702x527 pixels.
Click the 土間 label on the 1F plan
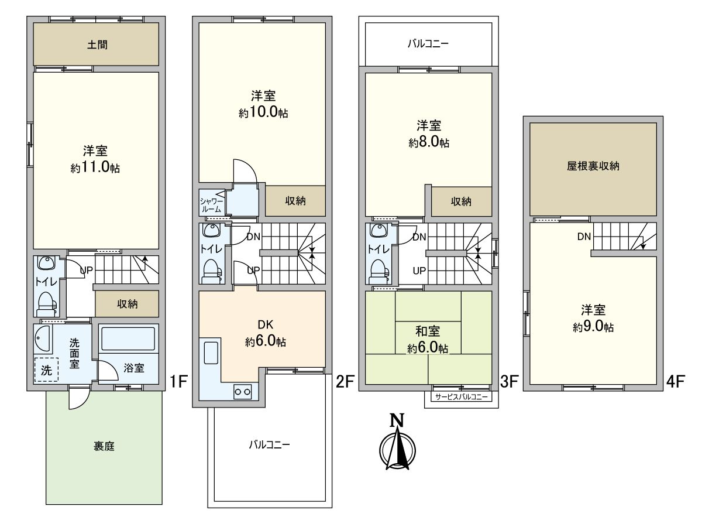(x=97, y=44)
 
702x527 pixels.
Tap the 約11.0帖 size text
(x=95, y=168)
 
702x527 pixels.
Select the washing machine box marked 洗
(x=46, y=369)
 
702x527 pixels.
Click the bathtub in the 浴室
(x=128, y=338)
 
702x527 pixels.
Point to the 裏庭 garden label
(x=104, y=446)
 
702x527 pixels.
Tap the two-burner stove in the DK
(x=242, y=391)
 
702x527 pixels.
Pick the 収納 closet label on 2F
(x=295, y=201)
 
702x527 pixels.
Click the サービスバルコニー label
(x=458, y=396)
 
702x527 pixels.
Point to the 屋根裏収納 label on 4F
(x=593, y=166)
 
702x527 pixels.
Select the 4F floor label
(x=675, y=382)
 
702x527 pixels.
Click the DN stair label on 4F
(x=583, y=237)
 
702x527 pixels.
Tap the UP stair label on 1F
(x=86, y=271)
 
